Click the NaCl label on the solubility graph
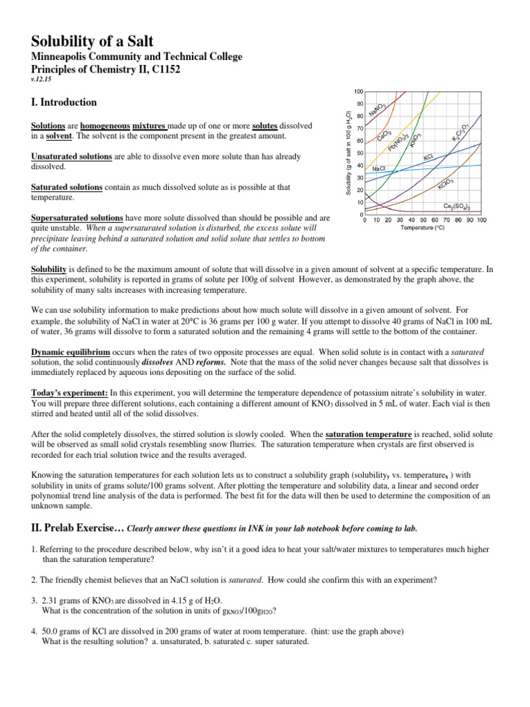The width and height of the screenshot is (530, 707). tap(378, 168)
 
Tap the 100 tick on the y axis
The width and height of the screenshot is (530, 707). tap(359, 92)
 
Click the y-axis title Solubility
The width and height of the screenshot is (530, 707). tap(349, 152)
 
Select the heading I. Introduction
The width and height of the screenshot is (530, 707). tap(64, 102)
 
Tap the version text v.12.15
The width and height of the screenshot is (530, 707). tap(42, 78)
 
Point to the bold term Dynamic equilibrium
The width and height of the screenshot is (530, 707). tap(71, 351)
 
